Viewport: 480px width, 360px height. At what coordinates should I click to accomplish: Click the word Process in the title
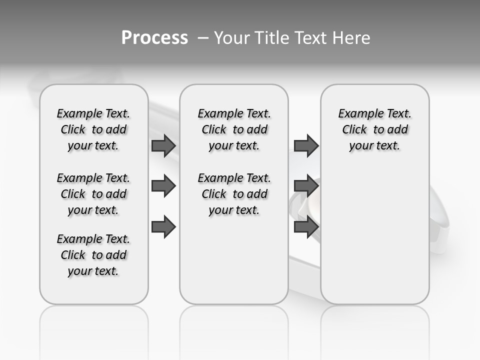click(x=154, y=38)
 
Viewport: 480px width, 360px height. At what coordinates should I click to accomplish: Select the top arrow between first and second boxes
click(x=163, y=145)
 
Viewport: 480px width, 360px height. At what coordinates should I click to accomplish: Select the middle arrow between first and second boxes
click(x=163, y=186)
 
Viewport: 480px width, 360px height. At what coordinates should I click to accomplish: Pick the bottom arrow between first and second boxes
click(x=163, y=227)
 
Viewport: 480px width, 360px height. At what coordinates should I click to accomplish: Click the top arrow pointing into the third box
click(x=306, y=145)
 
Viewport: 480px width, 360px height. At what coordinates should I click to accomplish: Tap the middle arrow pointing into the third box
click(x=306, y=186)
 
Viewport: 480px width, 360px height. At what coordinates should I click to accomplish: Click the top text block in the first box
click(x=93, y=129)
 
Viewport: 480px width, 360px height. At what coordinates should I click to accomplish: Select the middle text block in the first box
click(x=93, y=194)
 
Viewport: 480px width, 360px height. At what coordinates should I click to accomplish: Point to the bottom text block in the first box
click(x=93, y=255)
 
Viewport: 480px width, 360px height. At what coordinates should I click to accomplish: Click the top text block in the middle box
click(x=234, y=129)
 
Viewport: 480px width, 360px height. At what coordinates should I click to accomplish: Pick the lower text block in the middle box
click(x=234, y=194)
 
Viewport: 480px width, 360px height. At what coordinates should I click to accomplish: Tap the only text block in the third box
click(x=375, y=129)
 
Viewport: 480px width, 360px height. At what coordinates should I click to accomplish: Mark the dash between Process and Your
click(x=203, y=38)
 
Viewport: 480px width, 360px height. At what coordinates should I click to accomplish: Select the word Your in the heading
click(x=232, y=38)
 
